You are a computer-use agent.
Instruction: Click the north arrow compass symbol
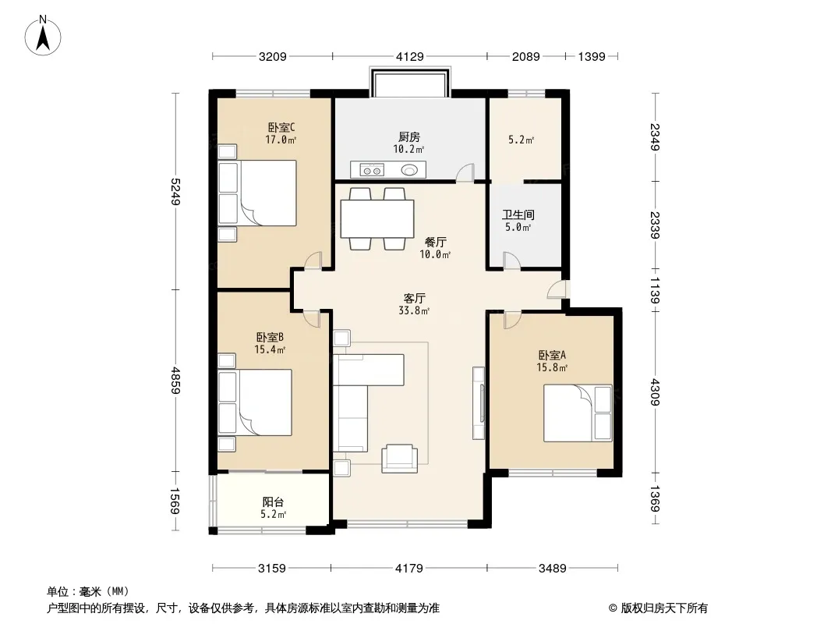point(43,36)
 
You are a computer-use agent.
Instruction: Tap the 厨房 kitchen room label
point(409,136)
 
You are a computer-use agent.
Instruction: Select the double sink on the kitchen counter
point(372,170)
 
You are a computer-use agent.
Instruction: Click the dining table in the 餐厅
point(377,218)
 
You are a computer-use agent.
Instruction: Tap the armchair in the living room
point(399,459)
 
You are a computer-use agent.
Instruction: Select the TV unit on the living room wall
point(478,403)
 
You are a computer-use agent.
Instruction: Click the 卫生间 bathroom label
point(518,214)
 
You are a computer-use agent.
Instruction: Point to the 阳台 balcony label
point(273,502)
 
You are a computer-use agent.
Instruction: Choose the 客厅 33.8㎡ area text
point(414,304)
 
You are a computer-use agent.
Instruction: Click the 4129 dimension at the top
point(410,56)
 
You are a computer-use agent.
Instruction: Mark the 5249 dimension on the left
point(176,192)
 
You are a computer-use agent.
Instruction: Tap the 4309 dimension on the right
point(655,392)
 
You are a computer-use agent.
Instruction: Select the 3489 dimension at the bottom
point(552,569)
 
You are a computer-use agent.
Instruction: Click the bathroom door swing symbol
point(512,261)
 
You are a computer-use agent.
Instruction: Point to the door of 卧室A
point(512,321)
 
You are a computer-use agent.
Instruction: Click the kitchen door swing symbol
point(465,173)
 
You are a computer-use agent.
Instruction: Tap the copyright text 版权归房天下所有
point(664,608)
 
